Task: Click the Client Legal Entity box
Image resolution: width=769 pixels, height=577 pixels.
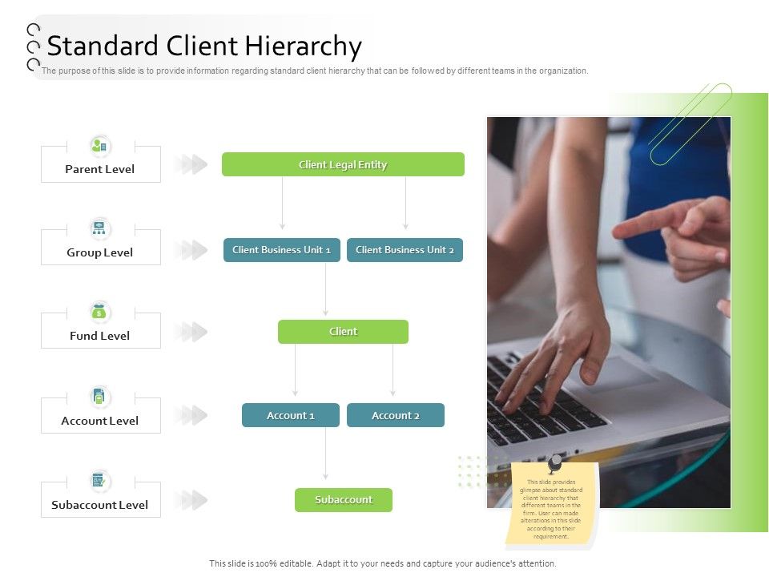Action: coord(343,164)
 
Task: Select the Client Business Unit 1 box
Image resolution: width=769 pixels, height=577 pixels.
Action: coord(281,250)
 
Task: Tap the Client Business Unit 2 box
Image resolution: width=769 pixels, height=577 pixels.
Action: coord(405,250)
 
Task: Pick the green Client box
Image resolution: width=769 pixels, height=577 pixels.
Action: coord(343,332)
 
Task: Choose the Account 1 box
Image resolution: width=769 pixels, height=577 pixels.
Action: coord(290,415)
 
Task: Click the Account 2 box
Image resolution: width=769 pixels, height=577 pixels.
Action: coord(395,415)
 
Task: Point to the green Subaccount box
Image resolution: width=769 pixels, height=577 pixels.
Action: coord(343,500)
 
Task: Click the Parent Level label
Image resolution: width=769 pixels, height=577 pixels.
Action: coord(100,169)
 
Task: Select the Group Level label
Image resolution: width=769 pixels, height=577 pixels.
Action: coord(100,252)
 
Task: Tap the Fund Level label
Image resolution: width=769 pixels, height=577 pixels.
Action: coord(100,336)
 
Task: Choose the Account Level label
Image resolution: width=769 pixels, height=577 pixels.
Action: coord(100,421)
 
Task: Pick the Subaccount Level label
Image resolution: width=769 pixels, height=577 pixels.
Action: coord(100,505)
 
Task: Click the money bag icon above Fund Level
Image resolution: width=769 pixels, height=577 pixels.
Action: coord(100,312)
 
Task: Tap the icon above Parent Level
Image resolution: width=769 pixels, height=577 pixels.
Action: coord(100,146)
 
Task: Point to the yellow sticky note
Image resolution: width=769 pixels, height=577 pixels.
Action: coord(552,505)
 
